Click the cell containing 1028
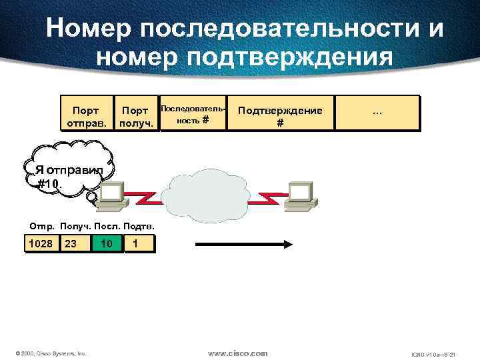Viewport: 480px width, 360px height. click(41, 244)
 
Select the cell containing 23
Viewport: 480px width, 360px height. click(72, 244)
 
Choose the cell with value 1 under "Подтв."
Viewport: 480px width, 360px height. click(137, 244)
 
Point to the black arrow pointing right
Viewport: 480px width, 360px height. click(243, 245)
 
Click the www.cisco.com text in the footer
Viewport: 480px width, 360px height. click(237, 352)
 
